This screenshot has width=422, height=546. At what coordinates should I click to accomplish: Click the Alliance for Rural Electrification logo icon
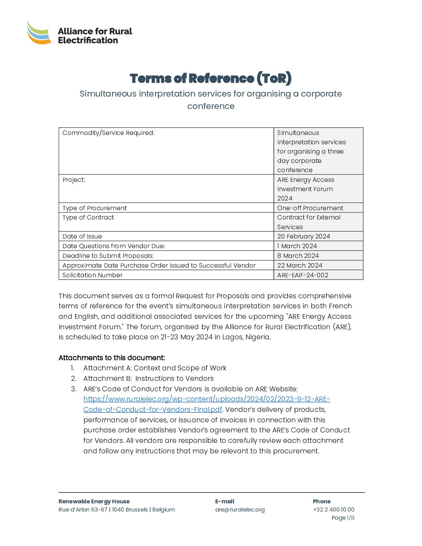39,33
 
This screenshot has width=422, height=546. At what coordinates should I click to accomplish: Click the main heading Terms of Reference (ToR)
211,78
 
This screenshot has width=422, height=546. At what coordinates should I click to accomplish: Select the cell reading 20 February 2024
304,237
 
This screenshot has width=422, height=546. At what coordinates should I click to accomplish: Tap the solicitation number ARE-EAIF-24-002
303,275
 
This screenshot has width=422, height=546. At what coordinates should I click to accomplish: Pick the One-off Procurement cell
310,208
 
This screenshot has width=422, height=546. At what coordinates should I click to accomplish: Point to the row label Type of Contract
88,218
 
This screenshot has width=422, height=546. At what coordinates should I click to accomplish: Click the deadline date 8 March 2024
298,256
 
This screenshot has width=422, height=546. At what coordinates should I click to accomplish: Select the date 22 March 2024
300,266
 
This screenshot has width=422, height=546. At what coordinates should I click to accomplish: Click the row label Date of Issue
82,237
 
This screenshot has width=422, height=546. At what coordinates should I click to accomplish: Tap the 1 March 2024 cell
297,246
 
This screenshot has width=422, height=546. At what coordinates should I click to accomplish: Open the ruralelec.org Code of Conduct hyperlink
206,399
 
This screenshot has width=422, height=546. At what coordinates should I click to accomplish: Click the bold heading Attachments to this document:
112,358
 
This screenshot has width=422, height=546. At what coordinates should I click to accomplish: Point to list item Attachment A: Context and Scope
155,368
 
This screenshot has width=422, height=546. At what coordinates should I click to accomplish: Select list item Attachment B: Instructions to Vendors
148,379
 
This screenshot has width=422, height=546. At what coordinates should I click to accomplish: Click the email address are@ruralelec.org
240,510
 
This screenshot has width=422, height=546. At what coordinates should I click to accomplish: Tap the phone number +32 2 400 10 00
334,510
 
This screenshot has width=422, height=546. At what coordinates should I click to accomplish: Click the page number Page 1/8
343,518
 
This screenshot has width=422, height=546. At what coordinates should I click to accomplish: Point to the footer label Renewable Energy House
94,502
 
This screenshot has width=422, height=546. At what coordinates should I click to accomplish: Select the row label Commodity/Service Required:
109,133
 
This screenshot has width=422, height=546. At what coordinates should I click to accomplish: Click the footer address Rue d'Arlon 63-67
83,510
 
